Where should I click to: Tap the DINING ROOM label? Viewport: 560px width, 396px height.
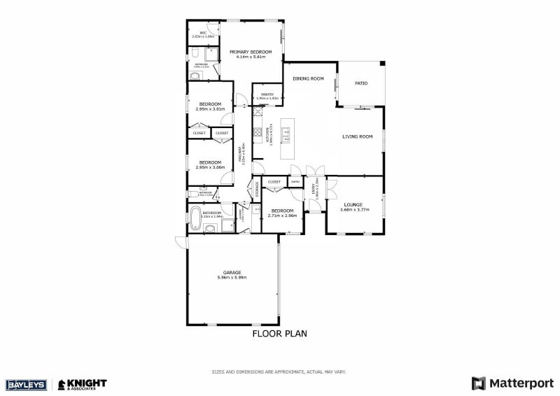[308, 79]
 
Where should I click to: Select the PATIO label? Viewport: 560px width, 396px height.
[361, 83]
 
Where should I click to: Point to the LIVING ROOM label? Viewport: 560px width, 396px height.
[357, 136]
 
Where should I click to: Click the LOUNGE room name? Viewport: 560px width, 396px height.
[353, 204]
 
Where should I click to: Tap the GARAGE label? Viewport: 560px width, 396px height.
[232, 272]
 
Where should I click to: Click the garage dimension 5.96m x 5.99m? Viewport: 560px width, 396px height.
[232, 278]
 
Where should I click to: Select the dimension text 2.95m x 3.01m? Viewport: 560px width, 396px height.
[210, 109]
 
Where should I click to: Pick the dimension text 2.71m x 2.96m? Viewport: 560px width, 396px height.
[282, 215]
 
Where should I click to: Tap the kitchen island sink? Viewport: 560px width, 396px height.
[286, 132]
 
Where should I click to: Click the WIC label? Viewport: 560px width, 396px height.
[202, 32]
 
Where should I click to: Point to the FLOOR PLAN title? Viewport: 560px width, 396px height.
[279, 334]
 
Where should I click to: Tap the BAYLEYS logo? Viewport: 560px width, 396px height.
[25, 384]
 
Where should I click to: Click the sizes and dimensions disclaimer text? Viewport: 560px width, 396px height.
[279, 372]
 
